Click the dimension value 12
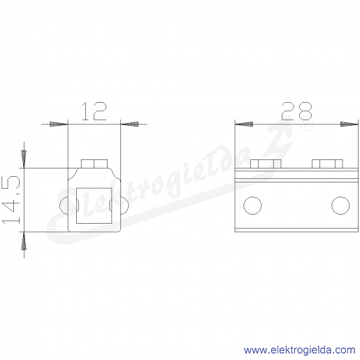point(94,111)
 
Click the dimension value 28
point(296,111)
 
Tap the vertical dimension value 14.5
point(11,200)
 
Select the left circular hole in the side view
point(252,206)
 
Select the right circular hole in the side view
point(340,206)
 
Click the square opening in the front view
point(94,206)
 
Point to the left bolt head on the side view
point(266,164)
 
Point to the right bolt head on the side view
point(327,164)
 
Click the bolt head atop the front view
point(94,164)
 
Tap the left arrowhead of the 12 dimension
point(59,124)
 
